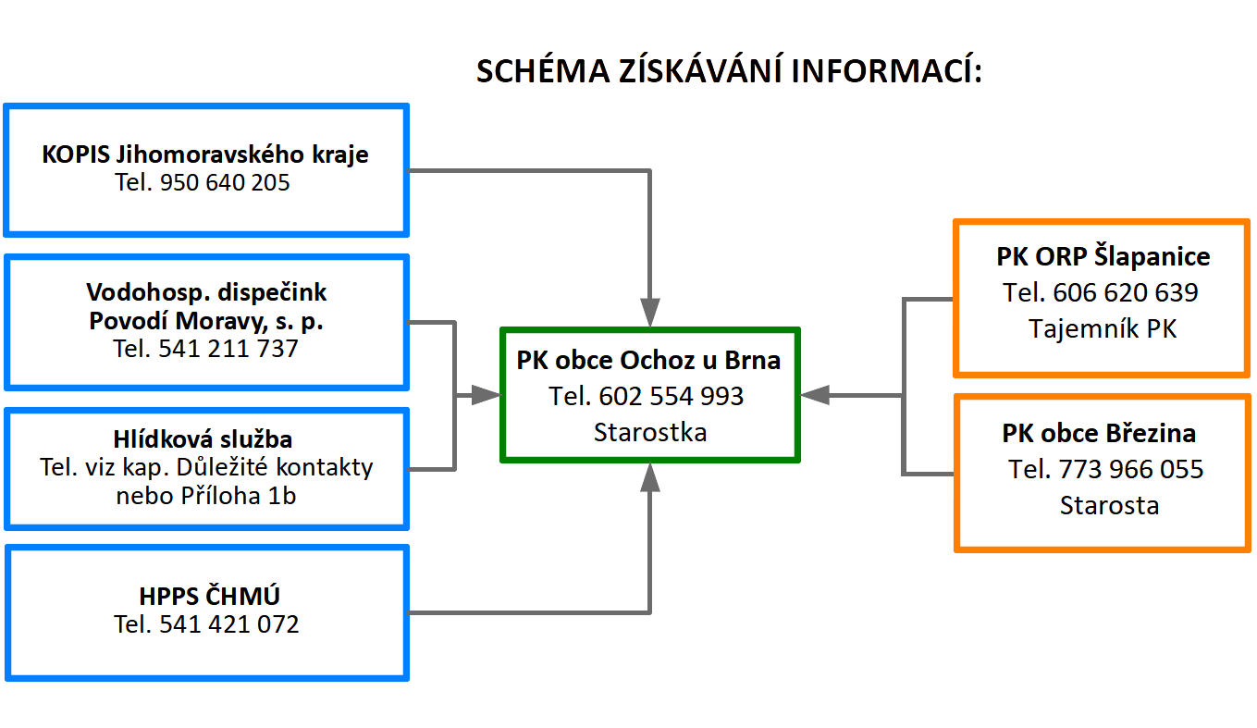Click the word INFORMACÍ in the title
[887, 70]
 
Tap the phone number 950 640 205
[225, 182]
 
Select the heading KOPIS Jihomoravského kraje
[205, 154]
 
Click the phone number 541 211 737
[228, 349]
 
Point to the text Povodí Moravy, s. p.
[206, 321]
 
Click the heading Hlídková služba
[203, 439]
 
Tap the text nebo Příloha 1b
[206, 496]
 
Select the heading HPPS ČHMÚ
[209, 596]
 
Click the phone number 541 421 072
[229, 624]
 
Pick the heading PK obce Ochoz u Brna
[648, 361]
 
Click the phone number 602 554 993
[672, 396]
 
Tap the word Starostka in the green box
[650, 432]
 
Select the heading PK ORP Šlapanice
[1103, 256]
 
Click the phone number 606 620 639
[1126, 292]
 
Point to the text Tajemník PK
[1103, 328]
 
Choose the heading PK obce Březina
[1100, 433]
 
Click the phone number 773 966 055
[1131, 469]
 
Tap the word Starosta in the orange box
[1109, 505]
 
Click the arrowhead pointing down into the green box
[650, 313]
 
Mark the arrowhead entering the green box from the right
[815, 395]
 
